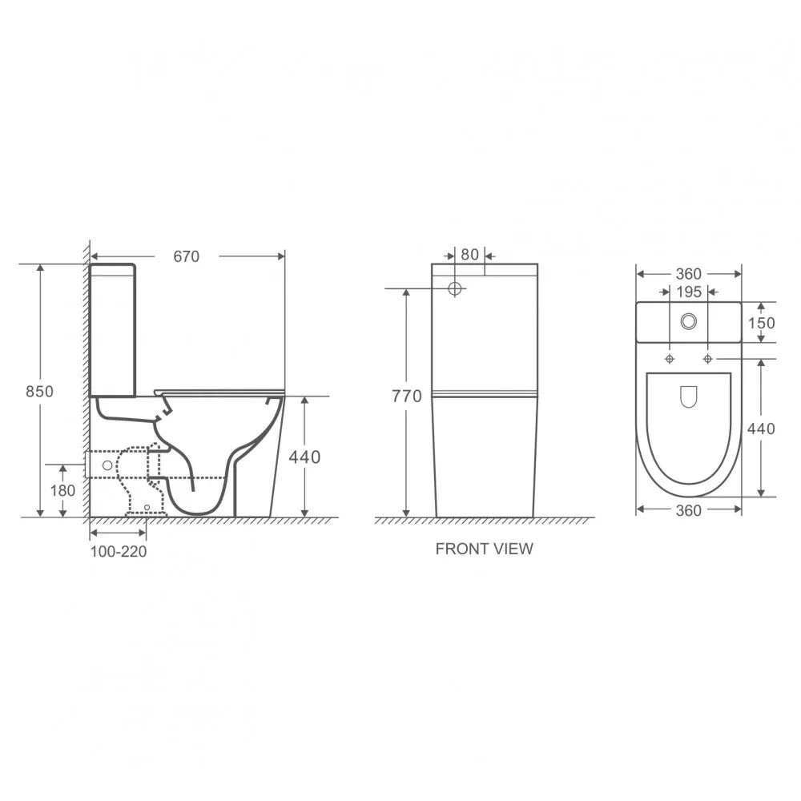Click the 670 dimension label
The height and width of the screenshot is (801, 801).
(186, 256)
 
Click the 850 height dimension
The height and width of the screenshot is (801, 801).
(40, 392)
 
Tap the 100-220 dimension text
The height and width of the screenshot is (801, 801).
(118, 552)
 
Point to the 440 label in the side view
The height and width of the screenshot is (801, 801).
(304, 457)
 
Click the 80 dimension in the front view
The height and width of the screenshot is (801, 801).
(470, 255)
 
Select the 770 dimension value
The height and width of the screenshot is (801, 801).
(406, 396)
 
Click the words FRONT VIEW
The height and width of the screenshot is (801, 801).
(484, 549)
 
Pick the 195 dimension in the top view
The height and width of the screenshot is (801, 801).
(689, 292)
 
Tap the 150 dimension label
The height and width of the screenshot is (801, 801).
(761, 322)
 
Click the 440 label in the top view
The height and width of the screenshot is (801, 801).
(761, 429)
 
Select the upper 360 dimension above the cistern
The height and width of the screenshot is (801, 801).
(689, 274)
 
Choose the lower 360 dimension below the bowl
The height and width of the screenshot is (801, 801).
(689, 510)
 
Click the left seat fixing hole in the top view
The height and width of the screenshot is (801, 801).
(670, 357)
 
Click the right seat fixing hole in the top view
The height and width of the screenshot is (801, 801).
(707, 357)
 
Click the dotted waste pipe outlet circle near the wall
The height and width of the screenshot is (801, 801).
(106, 464)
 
